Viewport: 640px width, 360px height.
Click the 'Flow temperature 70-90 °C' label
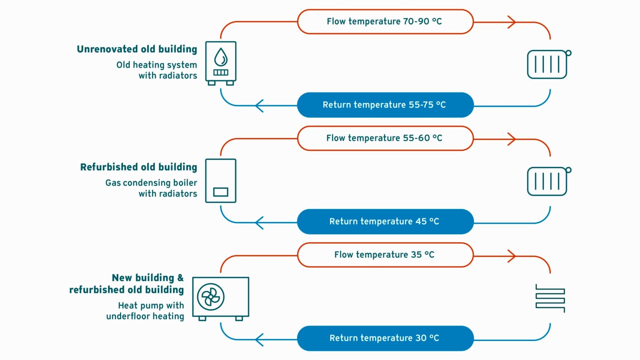(384, 21)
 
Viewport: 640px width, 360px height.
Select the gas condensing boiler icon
(221, 181)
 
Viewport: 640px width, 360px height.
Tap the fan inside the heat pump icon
(211, 297)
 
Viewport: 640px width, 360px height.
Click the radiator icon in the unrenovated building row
(548, 64)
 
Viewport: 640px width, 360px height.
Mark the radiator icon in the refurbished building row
(548, 181)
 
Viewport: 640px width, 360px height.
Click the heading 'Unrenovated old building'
(137, 49)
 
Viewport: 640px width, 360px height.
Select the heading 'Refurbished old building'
(139, 167)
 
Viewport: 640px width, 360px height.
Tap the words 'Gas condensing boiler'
(151, 183)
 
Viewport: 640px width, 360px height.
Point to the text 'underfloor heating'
(145, 316)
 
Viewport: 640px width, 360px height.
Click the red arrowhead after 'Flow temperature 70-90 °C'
(512, 22)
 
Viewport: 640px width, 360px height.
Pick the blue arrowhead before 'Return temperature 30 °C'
(259, 340)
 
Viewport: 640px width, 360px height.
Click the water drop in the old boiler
(221, 57)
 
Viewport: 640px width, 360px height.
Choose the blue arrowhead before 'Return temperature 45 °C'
(259, 223)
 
